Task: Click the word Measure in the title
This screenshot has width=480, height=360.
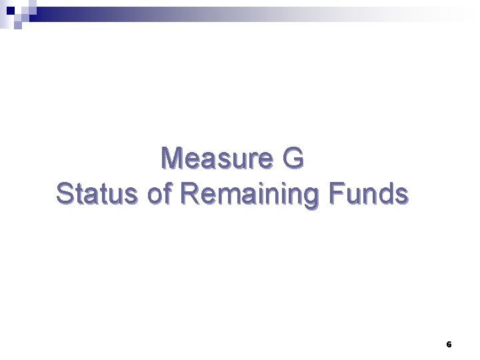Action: [x=218, y=159]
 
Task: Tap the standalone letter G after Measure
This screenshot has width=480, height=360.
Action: [x=293, y=159]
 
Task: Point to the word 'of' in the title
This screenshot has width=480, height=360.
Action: [x=158, y=193]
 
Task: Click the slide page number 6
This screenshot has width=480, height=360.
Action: [x=449, y=345]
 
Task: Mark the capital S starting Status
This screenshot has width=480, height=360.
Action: [x=65, y=193]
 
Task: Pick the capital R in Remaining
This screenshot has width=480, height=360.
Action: [x=190, y=193]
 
